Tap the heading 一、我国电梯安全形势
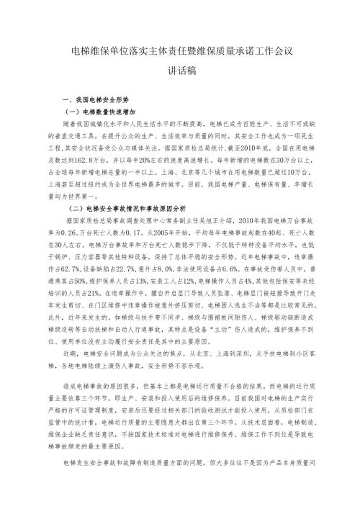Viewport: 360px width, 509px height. [x=98, y=101]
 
